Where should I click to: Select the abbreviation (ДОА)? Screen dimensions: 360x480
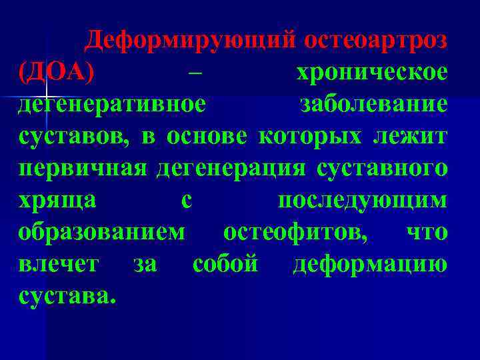point(56,72)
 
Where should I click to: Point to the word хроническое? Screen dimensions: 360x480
point(371,73)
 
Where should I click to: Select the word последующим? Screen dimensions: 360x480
point(362,201)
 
